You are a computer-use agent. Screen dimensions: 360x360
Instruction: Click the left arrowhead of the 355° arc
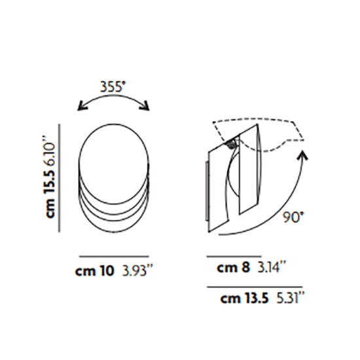[x=80, y=107]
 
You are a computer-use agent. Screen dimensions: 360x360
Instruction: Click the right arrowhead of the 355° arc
[x=148, y=106]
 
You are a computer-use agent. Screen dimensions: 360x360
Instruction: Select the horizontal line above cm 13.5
[x=255, y=287]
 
